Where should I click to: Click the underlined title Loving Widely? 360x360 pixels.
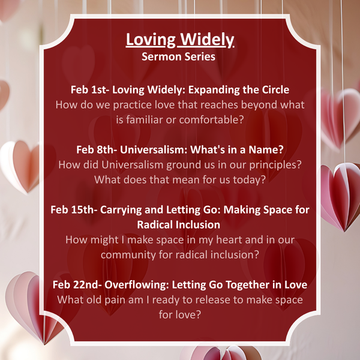click(x=180, y=41)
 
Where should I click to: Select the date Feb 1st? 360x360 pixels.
click(x=86, y=89)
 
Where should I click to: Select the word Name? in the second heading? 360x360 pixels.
click(x=268, y=149)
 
